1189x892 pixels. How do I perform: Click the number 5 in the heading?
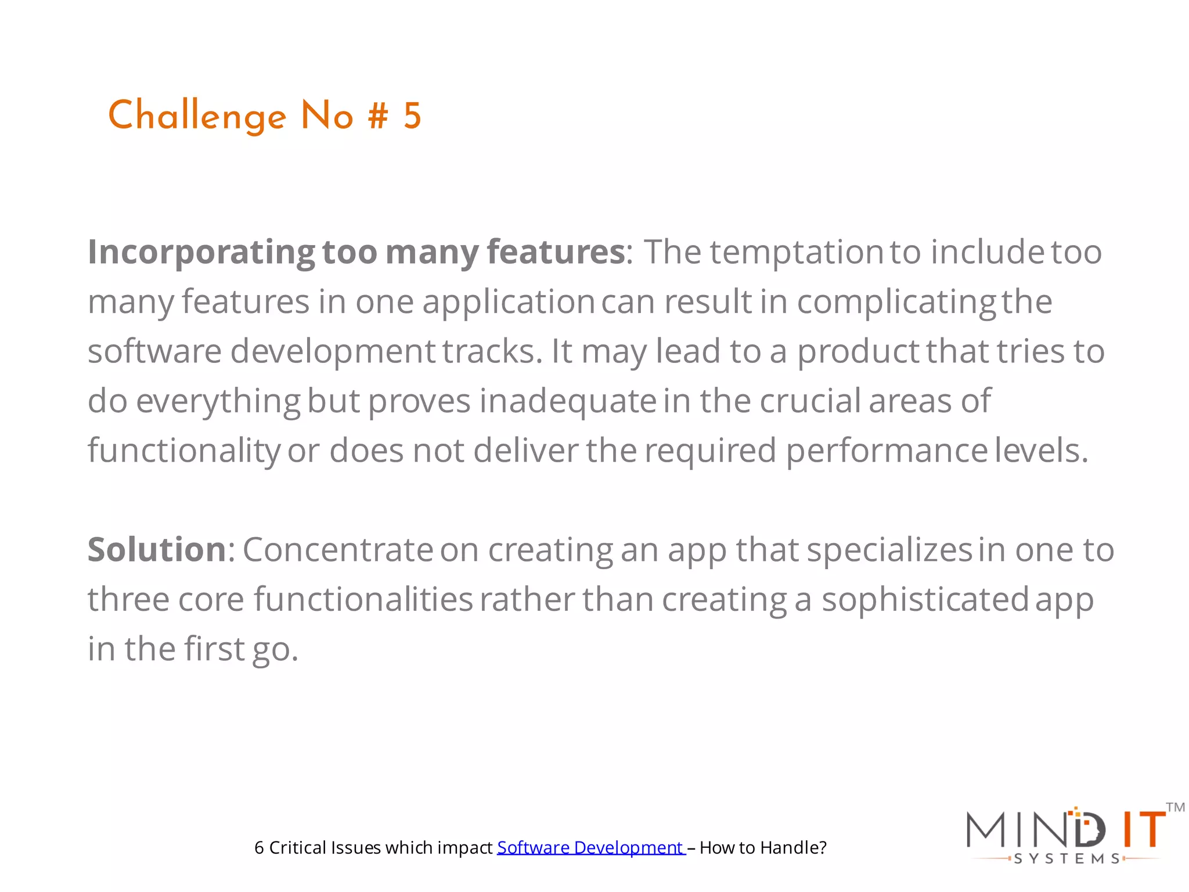(412, 116)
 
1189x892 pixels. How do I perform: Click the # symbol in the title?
(378, 116)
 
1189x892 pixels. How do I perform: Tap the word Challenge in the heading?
(197, 116)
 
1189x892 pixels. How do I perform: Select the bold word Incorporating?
(201, 253)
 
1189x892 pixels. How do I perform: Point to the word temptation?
(797, 253)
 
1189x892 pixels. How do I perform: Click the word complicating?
(896, 303)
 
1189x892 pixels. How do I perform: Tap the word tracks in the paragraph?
(492, 351)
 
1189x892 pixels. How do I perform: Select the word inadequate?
(567, 401)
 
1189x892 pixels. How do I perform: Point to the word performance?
(887, 451)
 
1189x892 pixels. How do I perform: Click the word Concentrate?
(337, 549)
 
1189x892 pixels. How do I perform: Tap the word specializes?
(889, 549)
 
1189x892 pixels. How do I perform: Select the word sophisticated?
(925, 599)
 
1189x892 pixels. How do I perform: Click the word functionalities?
(363, 599)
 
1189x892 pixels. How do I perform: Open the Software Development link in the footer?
(590, 848)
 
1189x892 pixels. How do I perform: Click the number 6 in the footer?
(259, 848)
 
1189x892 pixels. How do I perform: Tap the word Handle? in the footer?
(793, 848)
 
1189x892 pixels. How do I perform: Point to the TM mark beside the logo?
(1175, 807)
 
